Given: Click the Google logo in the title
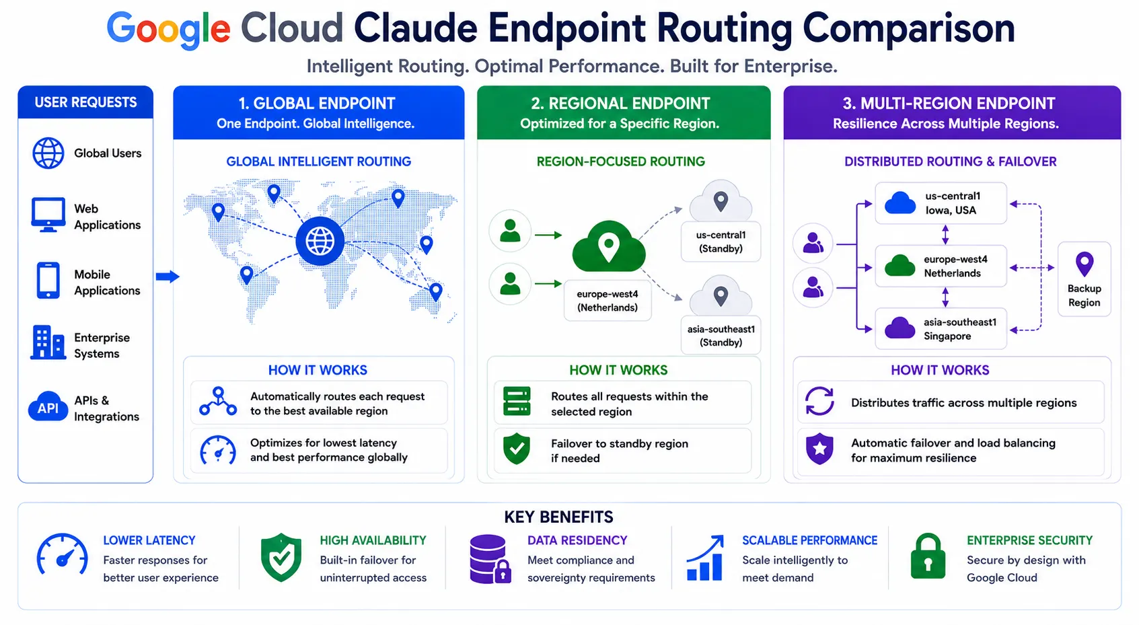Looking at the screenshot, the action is tap(168, 30).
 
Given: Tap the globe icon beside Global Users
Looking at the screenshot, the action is tap(48, 153).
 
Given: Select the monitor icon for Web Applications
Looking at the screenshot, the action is tap(48, 215).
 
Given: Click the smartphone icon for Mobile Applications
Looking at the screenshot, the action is tap(48, 281).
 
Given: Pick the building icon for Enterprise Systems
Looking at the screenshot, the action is tap(48, 342).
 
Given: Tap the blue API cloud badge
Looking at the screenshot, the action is tap(48, 407).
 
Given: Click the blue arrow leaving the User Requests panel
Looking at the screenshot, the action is tap(168, 277).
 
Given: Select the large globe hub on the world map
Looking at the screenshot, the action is tap(320, 241).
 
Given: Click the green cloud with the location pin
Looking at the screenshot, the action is tap(609, 247).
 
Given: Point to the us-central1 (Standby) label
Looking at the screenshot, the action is tap(721, 242).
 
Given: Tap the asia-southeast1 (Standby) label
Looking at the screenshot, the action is tap(721, 336).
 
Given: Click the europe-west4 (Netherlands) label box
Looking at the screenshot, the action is tap(607, 301).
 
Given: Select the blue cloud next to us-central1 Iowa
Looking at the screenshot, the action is tap(900, 203).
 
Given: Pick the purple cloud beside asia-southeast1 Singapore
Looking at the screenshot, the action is tap(900, 328).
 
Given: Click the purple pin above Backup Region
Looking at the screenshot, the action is tap(1084, 264).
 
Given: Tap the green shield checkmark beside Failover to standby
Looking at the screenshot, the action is tap(517, 449).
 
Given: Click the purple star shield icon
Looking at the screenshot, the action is tap(819, 449).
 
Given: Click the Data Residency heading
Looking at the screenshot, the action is tap(577, 540).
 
